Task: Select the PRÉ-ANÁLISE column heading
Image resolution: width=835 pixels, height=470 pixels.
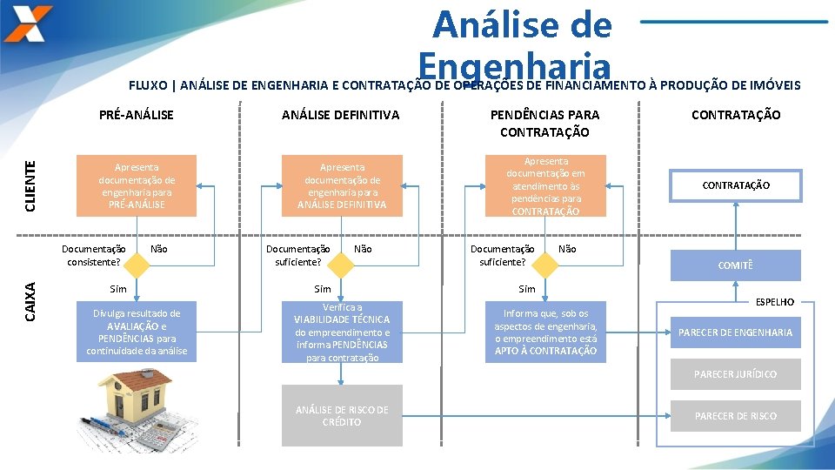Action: pos(137,115)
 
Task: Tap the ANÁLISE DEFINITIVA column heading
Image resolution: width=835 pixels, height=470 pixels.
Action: pos(341,115)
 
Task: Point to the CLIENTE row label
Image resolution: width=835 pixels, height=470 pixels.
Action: pos(30,185)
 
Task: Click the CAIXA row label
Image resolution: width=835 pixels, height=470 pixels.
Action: pos(30,300)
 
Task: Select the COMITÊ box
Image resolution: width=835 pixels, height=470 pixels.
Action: pos(735,265)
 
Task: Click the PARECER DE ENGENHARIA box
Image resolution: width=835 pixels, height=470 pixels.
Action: pos(735,332)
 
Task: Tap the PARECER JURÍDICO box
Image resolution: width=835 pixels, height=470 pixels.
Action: pos(735,374)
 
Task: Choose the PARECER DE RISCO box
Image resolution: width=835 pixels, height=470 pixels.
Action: pos(735,416)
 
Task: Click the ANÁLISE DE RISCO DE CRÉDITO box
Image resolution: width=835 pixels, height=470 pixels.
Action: pos(342,416)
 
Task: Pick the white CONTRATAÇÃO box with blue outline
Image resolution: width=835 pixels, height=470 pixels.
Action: pos(735,185)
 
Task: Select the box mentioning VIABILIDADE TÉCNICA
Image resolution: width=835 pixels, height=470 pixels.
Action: pos(342,332)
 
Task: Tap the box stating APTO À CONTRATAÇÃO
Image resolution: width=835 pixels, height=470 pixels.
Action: pos(545,332)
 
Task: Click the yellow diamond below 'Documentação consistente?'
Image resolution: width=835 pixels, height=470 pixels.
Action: pos(136,267)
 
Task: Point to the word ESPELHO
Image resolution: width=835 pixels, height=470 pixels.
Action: pos(774,302)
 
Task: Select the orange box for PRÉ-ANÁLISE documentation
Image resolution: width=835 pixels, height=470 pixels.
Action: pos(137,185)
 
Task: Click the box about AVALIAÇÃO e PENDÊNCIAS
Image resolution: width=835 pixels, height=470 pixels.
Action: pos(137,332)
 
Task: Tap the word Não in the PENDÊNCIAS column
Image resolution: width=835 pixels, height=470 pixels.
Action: pos(567,249)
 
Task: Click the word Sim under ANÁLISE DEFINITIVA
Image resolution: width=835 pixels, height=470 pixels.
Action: pos(323,289)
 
